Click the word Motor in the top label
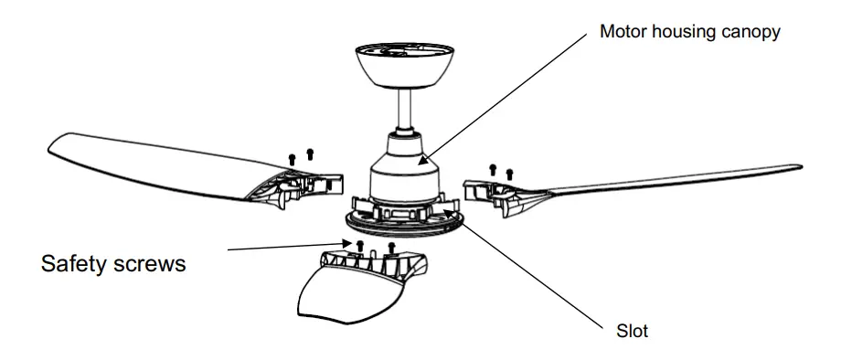coord(622,32)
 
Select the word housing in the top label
coord(681,32)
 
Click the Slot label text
coord(633,331)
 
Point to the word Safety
coord(78,265)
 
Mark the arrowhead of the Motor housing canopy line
coord(423,162)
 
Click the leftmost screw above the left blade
coord(292,158)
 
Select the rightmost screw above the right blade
coord(509,171)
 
